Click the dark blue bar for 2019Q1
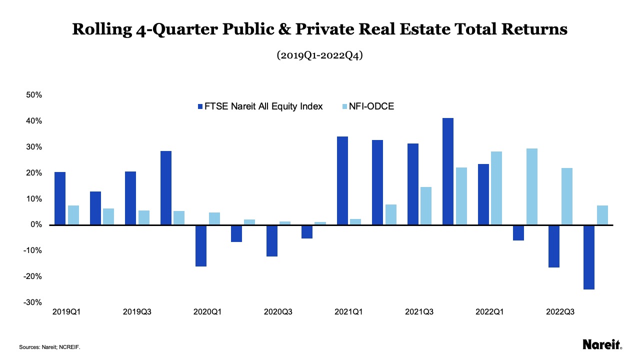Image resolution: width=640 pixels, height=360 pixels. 60,198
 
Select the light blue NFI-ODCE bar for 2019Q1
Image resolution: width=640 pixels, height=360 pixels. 73,215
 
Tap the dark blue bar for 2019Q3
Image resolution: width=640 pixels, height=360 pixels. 130,198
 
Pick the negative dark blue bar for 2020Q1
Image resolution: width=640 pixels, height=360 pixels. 201,245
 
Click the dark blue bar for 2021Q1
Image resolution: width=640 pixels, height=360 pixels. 342,180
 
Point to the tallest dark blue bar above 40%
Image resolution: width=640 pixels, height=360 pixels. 448,171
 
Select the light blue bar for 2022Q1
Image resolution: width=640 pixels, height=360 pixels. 496,188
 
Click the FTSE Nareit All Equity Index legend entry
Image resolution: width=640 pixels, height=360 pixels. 260,106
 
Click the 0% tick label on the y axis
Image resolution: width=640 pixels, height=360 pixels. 37,225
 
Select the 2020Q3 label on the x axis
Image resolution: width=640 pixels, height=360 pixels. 278,312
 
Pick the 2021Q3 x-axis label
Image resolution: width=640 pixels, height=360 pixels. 419,312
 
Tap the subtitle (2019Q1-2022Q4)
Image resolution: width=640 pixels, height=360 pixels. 319,55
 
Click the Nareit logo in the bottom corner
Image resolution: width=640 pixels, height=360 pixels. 602,344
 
